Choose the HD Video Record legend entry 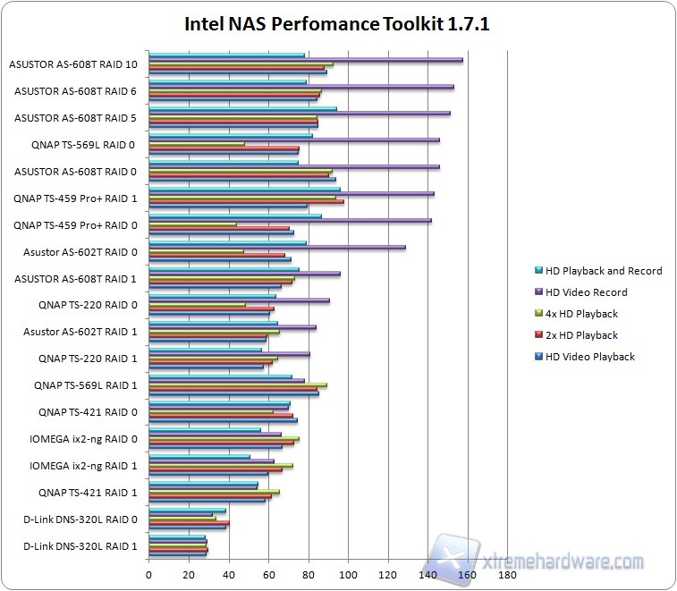coord(587,292)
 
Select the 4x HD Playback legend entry coord(581,314)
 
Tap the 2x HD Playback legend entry coord(581,335)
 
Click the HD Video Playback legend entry coord(590,357)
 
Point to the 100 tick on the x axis coord(348,576)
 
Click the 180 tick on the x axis coord(508,576)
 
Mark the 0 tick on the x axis coord(149,576)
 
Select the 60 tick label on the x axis coord(268,576)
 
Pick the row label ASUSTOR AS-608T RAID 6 coord(76,90)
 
